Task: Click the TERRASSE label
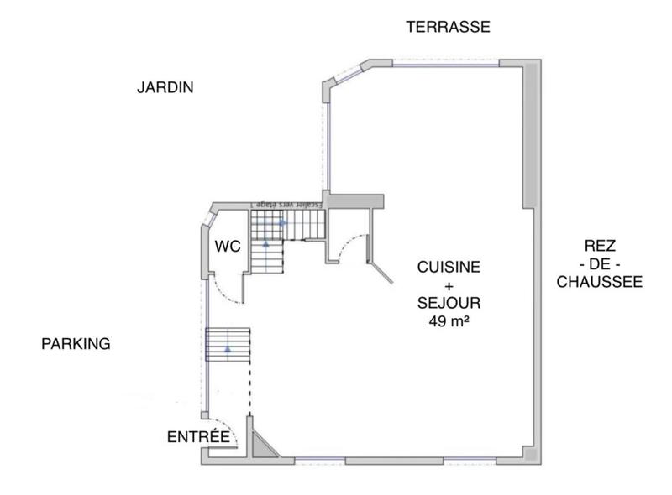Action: pos(448,27)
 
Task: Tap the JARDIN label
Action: pos(165,87)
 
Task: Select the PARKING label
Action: pos(76,344)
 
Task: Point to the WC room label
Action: pos(228,247)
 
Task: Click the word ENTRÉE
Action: pos(198,436)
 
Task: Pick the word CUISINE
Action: pos(449,268)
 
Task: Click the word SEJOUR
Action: pos(449,303)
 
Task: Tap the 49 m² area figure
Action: pos(449,320)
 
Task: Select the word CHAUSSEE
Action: pos(600,282)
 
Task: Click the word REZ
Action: pos(601,246)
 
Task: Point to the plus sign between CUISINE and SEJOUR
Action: pos(449,285)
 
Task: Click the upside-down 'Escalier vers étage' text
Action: pos(278,205)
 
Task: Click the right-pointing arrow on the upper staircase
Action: pos(283,222)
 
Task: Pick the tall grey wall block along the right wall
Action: pos(529,134)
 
